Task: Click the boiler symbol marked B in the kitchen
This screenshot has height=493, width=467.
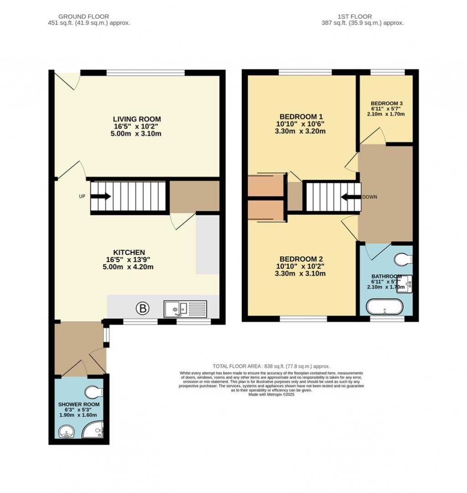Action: point(142,309)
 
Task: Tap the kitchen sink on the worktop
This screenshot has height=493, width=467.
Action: point(185,309)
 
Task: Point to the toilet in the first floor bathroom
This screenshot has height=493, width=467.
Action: point(404,259)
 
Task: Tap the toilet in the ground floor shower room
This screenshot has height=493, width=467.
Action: point(95,392)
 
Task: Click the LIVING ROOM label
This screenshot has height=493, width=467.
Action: point(137,119)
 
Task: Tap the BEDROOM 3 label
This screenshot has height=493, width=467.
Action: point(386,103)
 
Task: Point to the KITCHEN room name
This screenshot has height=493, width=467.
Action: point(129,252)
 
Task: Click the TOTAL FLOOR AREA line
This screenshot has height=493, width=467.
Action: point(271,366)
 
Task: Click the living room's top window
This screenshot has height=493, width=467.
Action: point(145,72)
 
